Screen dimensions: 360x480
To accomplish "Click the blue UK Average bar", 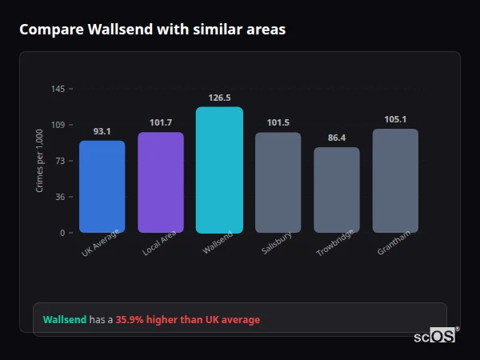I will pyautogui.click(x=102, y=186).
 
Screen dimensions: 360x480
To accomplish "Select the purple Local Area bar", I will pyautogui.click(x=161, y=182).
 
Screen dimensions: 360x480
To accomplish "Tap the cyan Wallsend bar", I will pyautogui.click(x=219, y=170).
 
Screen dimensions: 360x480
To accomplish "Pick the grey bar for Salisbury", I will pyautogui.click(x=278, y=182).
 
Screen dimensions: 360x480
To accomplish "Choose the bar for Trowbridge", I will pyautogui.click(x=337, y=190).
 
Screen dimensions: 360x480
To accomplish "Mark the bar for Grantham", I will pyautogui.click(x=395, y=181).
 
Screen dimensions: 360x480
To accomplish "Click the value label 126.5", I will pyautogui.click(x=219, y=98).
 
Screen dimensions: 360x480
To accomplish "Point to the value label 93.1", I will pyautogui.click(x=102, y=131).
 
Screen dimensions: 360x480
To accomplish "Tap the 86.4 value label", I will pyautogui.click(x=337, y=138).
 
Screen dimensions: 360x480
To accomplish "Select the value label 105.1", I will pyautogui.click(x=395, y=119).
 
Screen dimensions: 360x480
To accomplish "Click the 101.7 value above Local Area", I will pyautogui.click(x=161, y=122).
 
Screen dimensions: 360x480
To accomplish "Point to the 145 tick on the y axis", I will pyautogui.click(x=58, y=89).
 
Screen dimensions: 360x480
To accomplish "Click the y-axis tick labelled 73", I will pyautogui.click(x=60, y=161).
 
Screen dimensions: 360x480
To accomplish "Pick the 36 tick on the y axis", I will pyautogui.click(x=60, y=197).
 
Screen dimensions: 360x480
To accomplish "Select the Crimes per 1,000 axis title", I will pyautogui.click(x=39, y=160).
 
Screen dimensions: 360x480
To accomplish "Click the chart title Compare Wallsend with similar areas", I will pyautogui.click(x=152, y=30).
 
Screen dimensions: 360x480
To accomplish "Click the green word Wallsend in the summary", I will pyautogui.click(x=64, y=320).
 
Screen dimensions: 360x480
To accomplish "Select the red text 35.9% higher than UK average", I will pyautogui.click(x=188, y=320).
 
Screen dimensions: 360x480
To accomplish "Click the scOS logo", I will pyautogui.click(x=434, y=337).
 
